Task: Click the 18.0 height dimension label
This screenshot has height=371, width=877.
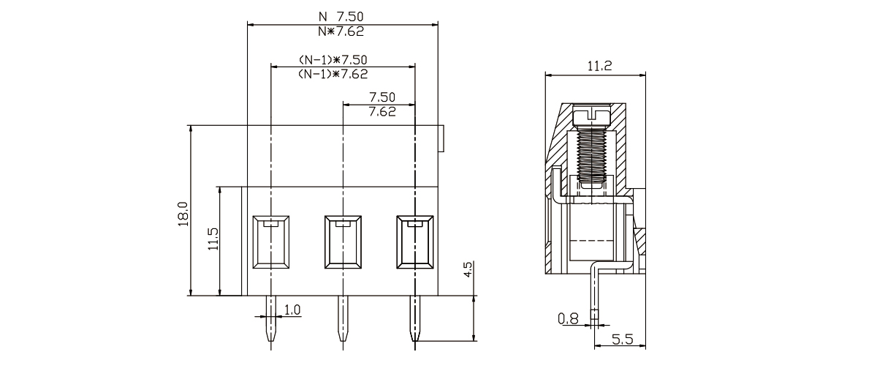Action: pos(183,214)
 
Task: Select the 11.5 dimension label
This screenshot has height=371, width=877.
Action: pos(213,239)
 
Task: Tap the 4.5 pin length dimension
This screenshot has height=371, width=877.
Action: pos(468,269)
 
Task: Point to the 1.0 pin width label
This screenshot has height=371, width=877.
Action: pos(292,310)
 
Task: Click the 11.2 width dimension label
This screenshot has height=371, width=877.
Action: pos(599,66)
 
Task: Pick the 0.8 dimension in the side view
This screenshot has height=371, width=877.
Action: pos(568,319)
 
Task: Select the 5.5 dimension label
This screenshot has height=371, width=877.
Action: pos(623,340)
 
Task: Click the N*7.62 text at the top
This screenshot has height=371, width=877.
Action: pos(341,31)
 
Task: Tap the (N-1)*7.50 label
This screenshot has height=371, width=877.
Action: pos(333,60)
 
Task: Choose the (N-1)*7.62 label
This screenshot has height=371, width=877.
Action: pos(333,74)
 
